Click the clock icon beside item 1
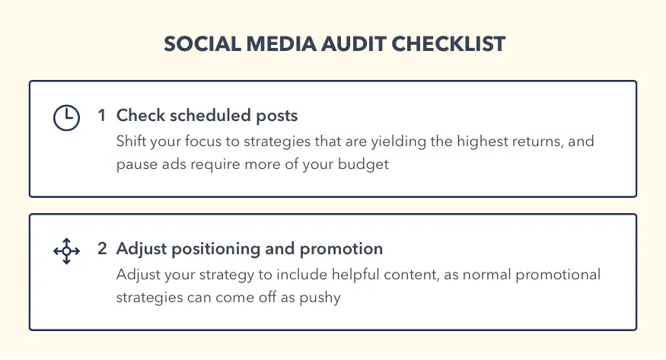coord(66,118)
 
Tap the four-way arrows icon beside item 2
coord(66,250)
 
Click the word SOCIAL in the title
coord(200,44)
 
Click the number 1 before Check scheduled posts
coord(102,116)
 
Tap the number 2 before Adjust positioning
coord(102,249)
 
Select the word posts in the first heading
coord(277,116)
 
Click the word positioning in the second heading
coord(212,249)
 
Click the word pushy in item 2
coord(322,298)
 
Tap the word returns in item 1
coord(540,142)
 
